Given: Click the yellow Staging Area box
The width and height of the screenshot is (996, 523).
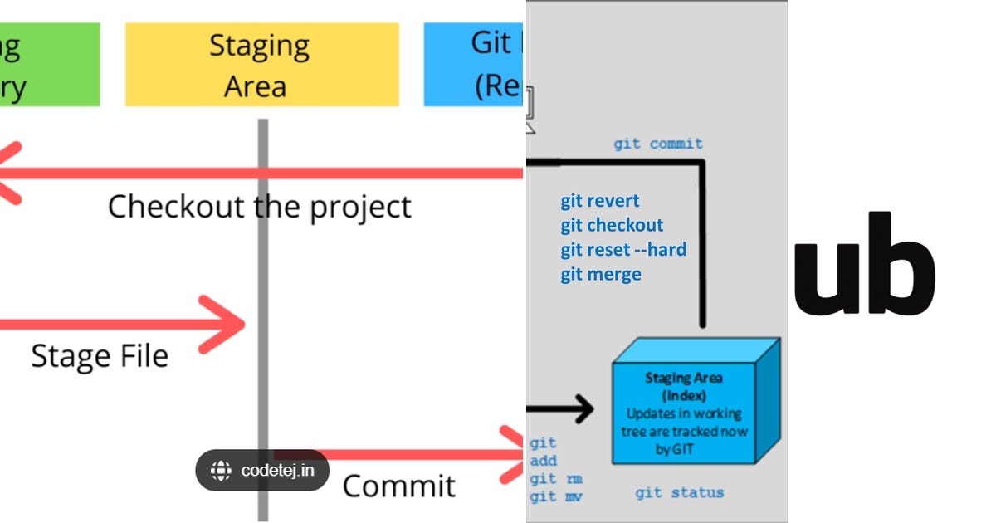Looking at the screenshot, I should coord(261,65).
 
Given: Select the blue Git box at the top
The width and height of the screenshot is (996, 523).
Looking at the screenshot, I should coord(473,65).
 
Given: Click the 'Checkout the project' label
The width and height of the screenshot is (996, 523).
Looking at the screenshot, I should coord(259,206).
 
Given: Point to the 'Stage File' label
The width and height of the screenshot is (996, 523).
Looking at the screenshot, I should coord(100,356).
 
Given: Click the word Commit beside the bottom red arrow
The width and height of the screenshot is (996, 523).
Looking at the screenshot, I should coord(398,486).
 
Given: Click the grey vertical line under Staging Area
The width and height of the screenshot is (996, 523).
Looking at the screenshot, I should coord(263,274).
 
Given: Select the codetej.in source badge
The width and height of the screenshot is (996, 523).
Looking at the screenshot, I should coord(262,471).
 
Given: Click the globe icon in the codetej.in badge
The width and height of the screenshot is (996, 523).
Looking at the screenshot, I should coord(221,471).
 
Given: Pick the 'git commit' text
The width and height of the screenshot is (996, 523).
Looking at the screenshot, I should coord(658,144).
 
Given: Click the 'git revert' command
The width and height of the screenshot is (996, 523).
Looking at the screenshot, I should coord(599,201).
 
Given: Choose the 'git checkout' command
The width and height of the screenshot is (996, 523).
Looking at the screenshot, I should coord(612,225).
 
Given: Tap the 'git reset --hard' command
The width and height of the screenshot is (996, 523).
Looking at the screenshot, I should coord(622,249).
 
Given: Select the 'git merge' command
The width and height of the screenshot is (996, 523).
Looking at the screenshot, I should coord(601,274).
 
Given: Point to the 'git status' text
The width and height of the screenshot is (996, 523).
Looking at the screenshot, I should coord(679,492).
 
